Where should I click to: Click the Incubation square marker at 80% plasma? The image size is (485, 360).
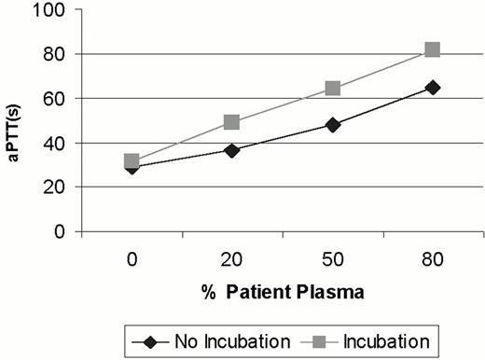(433, 49)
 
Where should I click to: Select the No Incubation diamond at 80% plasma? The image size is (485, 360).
(433, 87)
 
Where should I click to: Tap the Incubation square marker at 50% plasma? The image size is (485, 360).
(333, 89)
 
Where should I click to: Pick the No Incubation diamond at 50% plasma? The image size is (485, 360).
(333, 124)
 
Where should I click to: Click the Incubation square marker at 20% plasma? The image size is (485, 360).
(232, 122)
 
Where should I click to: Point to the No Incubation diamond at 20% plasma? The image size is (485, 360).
(232, 149)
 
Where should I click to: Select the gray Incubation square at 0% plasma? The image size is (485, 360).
(132, 161)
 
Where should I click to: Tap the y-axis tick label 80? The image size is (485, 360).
(58, 55)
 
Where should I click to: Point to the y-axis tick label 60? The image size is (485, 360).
(58, 99)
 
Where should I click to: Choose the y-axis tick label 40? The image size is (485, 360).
(58, 143)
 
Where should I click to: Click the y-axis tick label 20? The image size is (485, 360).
(58, 187)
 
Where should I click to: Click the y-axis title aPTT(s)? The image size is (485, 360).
(16, 120)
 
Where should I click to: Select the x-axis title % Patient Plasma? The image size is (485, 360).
(283, 290)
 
